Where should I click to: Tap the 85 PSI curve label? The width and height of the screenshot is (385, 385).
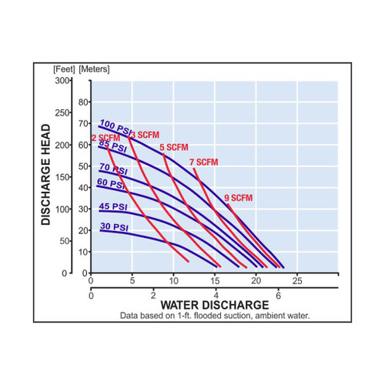112,145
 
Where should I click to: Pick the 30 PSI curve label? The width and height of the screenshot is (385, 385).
112,227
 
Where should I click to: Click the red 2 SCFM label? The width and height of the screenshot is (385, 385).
103,138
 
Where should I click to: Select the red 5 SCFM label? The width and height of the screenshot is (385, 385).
173,147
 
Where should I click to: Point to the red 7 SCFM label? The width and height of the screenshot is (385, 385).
203,162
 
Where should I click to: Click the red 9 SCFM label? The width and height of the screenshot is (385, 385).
238,198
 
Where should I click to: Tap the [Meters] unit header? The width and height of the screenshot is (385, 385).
95,70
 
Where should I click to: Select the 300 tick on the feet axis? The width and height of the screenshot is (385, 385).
62,80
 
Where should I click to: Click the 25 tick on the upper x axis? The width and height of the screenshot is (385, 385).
296,278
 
